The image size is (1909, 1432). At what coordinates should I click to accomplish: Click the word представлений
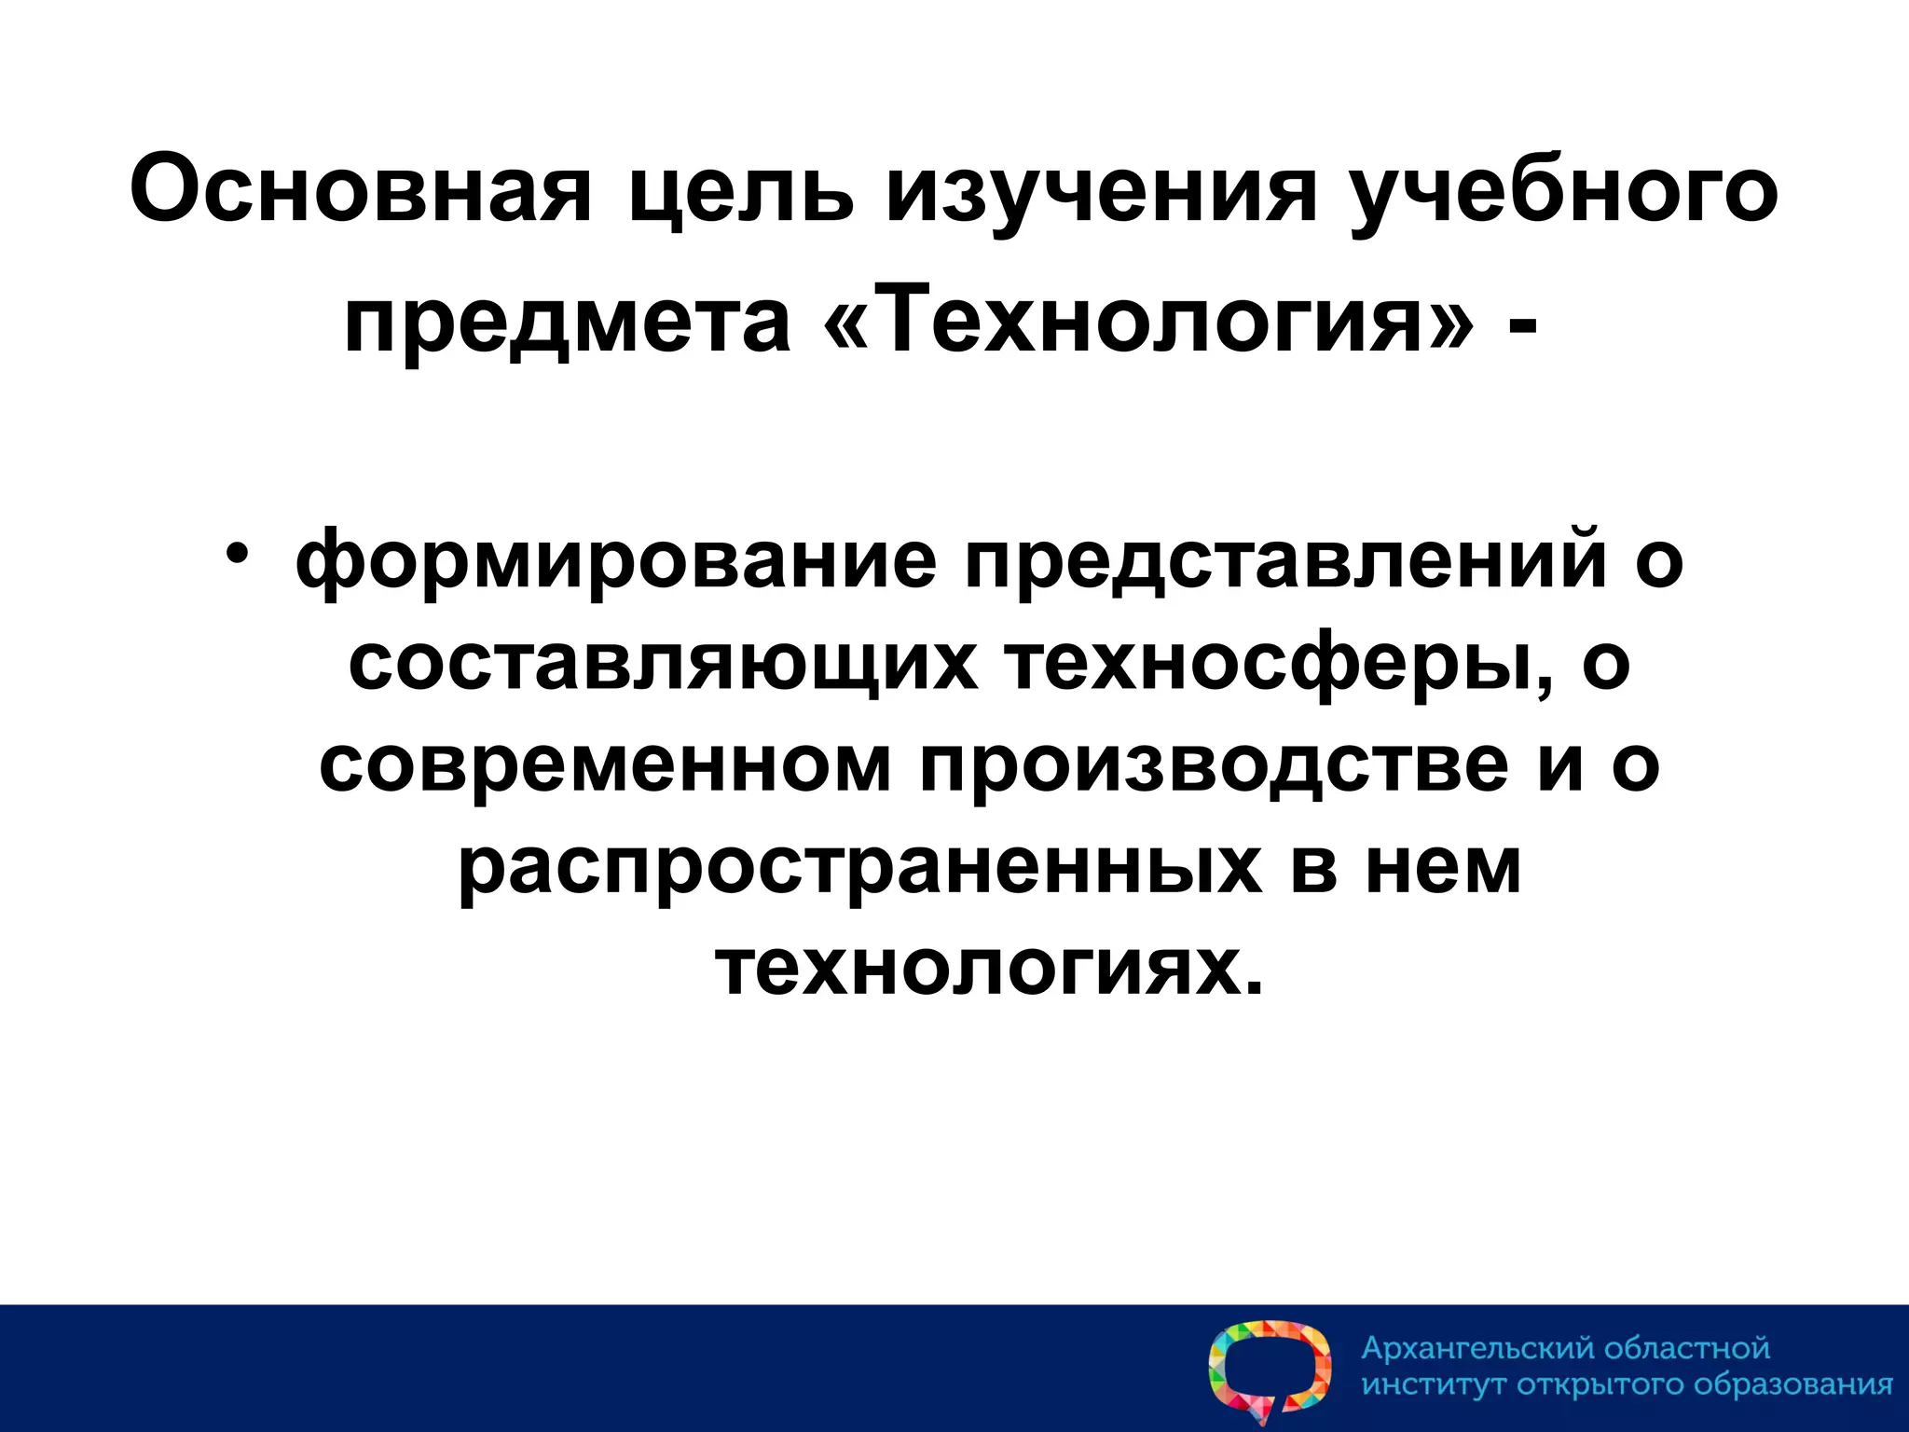1286,559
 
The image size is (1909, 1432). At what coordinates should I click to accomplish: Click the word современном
605,764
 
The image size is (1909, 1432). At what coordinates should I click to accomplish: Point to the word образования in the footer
1792,1384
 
